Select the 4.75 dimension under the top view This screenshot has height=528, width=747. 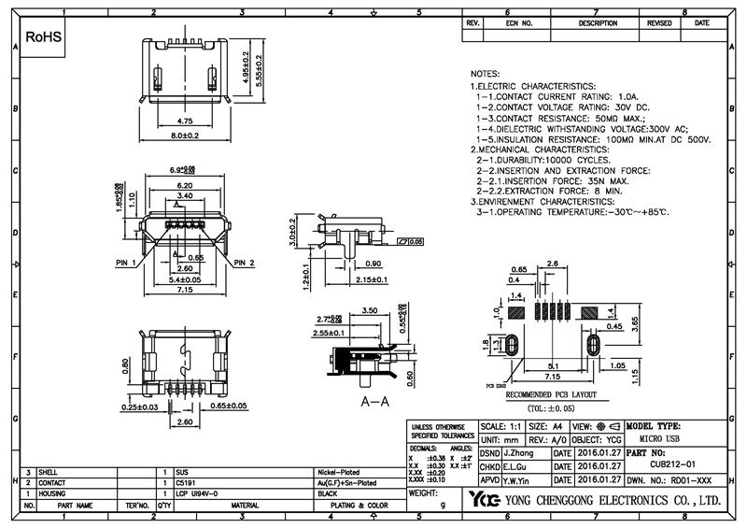click(184, 121)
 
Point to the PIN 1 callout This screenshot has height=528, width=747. click(127, 263)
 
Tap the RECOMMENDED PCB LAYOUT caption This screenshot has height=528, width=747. click(553, 396)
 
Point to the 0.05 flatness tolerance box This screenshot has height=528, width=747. click(410, 241)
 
